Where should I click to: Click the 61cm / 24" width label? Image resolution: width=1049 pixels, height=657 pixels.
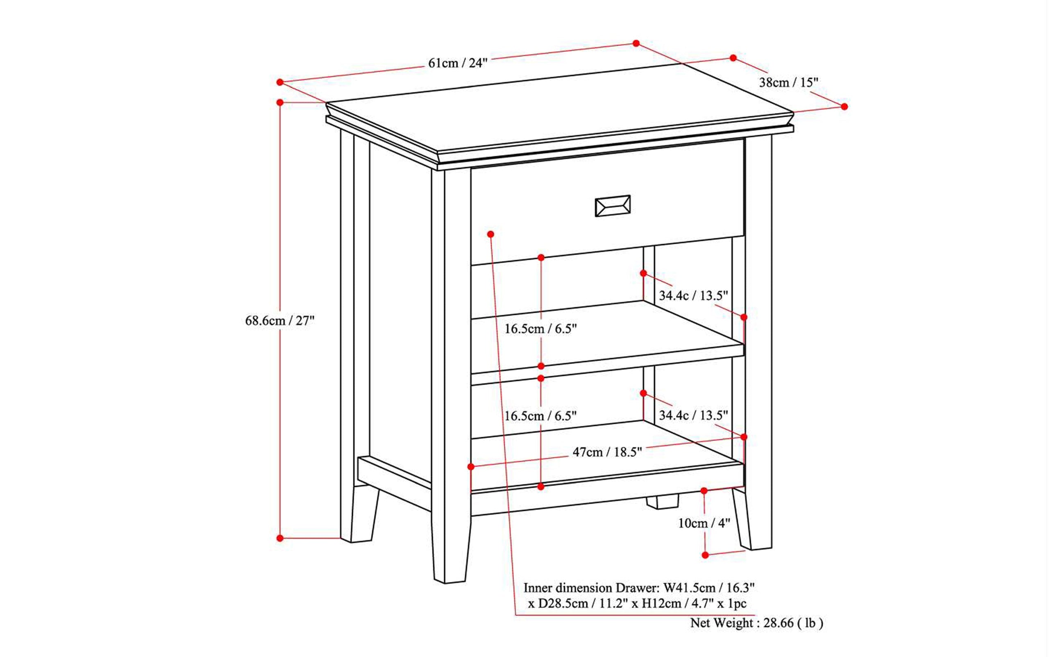tap(458, 64)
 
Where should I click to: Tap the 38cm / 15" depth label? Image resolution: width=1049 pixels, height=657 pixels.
tap(788, 82)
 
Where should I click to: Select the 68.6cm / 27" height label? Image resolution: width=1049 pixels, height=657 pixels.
tap(280, 321)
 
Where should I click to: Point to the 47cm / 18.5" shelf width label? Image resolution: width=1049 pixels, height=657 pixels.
tap(607, 452)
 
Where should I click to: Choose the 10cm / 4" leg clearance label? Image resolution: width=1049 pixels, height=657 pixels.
tap(704, 523)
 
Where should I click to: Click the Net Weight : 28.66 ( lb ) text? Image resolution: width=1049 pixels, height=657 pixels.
tap(757, 623)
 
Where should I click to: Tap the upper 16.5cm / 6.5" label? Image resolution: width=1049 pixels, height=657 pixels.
tap(540, 329)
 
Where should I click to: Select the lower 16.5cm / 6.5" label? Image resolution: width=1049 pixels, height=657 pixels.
tap(540, 416)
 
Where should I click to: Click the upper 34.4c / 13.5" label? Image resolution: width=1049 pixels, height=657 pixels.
tap(693, 296)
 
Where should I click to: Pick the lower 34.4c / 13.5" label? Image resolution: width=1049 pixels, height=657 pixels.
tap(693, 416)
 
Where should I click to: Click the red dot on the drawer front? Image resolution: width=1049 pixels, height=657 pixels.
tap(491, 234)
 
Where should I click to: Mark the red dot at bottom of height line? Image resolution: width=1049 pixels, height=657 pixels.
tap(280, 539)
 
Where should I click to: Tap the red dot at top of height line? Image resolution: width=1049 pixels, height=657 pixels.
tap(280, 102)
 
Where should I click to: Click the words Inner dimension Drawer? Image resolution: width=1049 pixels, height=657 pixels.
tap(591, 588)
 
